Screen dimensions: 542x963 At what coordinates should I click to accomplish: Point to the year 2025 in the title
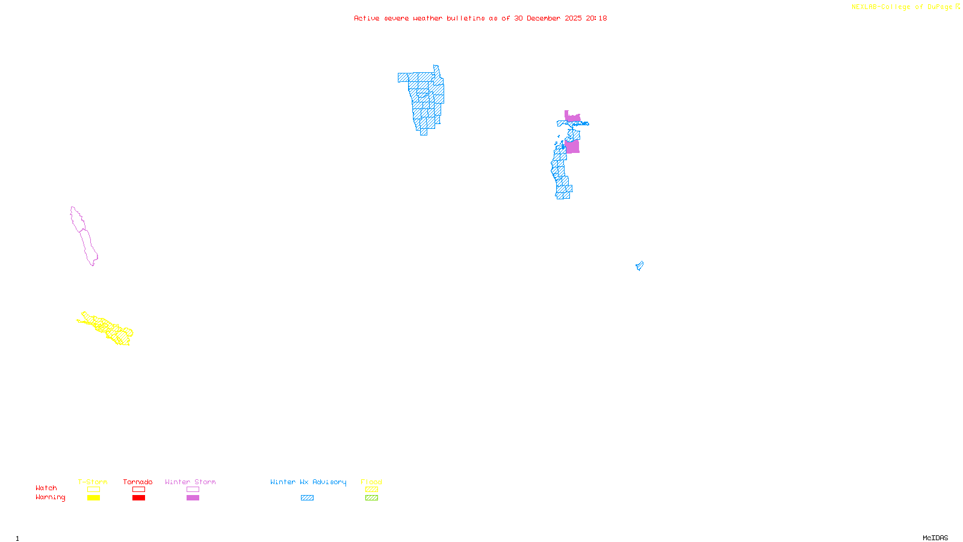(573, 19)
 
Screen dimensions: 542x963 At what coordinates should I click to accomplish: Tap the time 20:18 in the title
(596, 19)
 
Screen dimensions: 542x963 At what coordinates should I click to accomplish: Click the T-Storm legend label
(93, 482)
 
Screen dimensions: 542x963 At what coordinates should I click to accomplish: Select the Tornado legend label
(138, 482)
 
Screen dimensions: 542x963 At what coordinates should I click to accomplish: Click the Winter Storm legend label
(190, 482)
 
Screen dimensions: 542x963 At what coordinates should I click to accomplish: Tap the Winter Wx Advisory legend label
(308, 482)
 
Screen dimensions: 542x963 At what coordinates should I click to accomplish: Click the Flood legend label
(371, 482)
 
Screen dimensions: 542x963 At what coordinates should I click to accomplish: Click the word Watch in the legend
(46, 488)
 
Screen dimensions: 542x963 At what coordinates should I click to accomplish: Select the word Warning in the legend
(50, 497)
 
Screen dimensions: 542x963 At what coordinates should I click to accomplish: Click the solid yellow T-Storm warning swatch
(93, 498)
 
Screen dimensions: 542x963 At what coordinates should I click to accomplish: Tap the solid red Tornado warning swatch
(138, 498)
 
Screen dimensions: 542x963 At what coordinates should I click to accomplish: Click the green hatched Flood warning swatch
(371, 498)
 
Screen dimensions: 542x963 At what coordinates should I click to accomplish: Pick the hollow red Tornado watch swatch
(138, 490)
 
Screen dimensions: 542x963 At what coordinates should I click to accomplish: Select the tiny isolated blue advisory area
(639, 266)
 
